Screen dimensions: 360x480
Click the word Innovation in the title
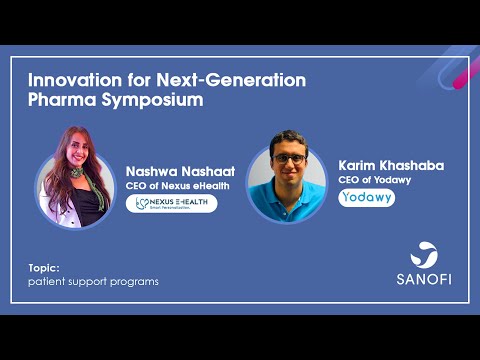69,79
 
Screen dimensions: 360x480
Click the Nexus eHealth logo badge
177,204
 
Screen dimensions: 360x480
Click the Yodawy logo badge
366,198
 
